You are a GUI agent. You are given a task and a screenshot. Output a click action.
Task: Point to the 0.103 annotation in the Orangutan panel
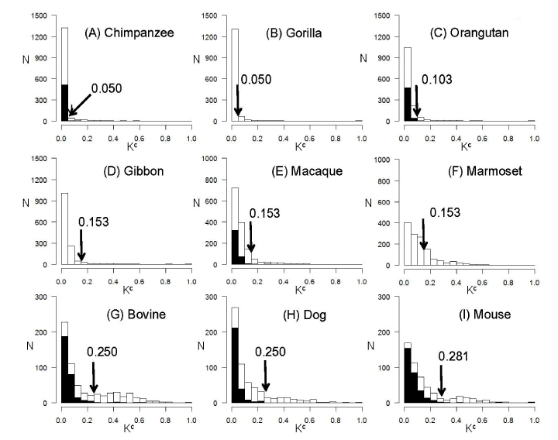point(437,80)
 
